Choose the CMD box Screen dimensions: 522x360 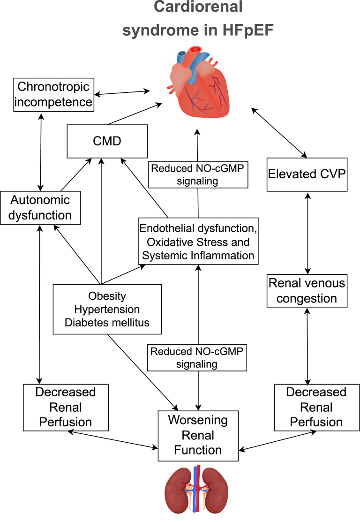coord(101,141)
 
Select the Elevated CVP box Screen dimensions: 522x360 coord(307,174)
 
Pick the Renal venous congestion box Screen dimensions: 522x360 coord(307,291)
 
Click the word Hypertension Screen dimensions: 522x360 coord(108,310)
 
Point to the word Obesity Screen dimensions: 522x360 coord(108,297)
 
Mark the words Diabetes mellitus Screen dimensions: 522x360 coord(108,322)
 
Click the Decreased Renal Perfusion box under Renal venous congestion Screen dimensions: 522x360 coord(311,408)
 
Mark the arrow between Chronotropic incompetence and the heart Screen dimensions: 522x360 coord(123,92)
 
